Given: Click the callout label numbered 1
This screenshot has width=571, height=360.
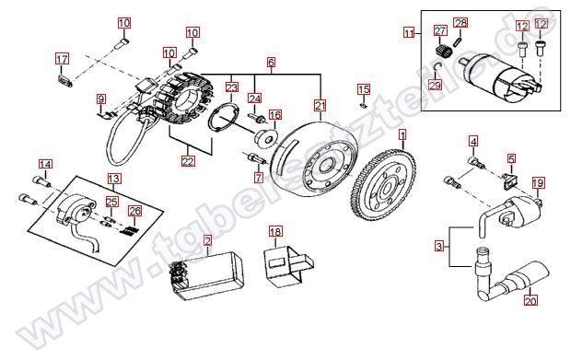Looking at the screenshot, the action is [x=402, y=135].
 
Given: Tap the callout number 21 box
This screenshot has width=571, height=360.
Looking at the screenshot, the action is [x=320, y=106].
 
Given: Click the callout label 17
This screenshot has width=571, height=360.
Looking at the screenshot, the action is [x=62, y=59].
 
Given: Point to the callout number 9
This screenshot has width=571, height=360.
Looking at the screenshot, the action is [x=101, y=99].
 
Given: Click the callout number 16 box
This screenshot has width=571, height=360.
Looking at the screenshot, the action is [x=275, y=115].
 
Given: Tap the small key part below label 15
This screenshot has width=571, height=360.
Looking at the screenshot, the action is [x=363, y=106].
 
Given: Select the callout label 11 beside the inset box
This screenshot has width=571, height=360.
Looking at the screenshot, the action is [x=409, y=33].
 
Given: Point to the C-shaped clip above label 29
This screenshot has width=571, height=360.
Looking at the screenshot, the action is [x=437, y=67].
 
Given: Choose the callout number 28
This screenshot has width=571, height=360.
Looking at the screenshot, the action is [x=460, y=23].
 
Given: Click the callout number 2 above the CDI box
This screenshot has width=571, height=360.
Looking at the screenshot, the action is [x=207, y=241].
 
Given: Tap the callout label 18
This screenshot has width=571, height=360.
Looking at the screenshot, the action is [x=275, y=232].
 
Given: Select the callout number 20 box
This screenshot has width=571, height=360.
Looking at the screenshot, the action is [x=530, y=301].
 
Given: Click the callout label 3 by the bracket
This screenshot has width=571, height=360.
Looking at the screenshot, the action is [x=439, y=247].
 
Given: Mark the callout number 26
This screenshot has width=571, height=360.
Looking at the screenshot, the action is [x=134, y=211].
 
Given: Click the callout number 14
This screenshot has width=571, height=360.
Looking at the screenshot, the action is [x=45, y=165].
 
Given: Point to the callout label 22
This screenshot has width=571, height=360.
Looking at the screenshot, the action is [x=188, y=161].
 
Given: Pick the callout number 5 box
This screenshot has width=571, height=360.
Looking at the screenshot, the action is [x=512, y=158].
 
